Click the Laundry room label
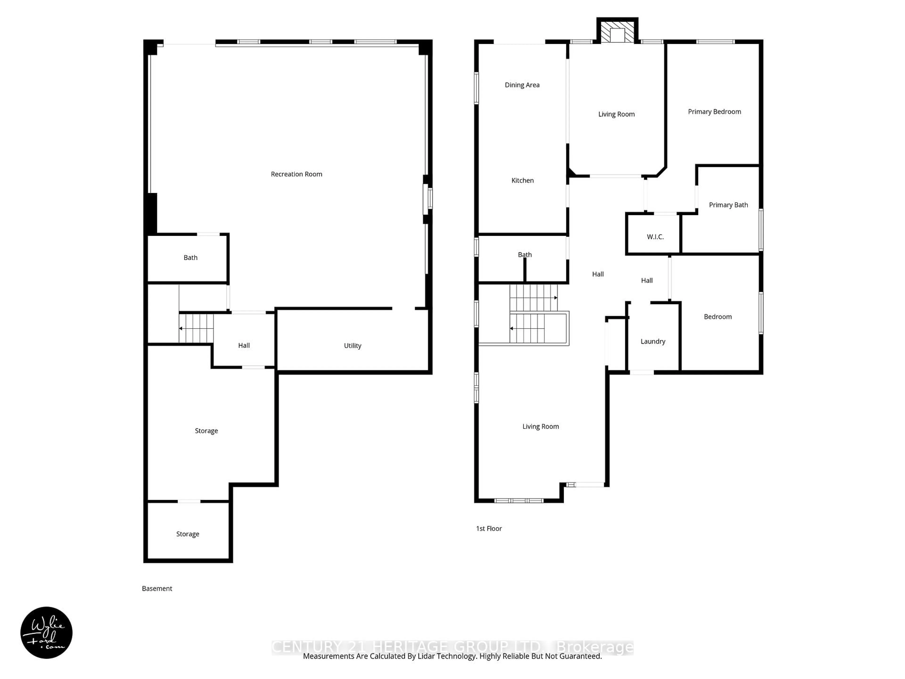click(653, 341)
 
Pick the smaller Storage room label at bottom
click(187, 534)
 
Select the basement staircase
click(196, 328)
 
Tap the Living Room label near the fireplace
click(616, 114)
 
